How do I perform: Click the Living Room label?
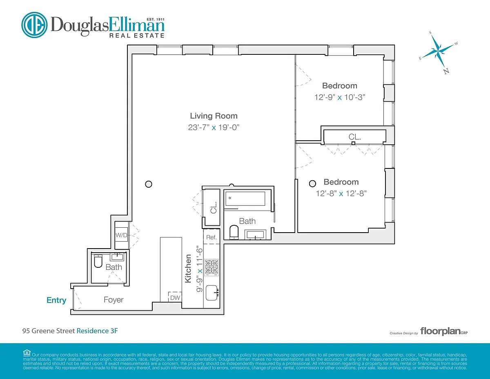pos(214,116)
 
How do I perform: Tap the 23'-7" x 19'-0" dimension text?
pos(214,127)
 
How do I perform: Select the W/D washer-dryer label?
pos(121,235)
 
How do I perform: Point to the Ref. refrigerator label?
pos(211,237)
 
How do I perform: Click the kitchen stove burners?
pos(212,267)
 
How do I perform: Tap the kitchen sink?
pos(212,293)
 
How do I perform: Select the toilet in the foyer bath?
pos(98,261)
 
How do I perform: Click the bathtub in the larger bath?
pos(245,199)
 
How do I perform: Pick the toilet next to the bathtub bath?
pos(234,232)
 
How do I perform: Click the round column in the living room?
pos(149,184)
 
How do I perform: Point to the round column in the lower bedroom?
pos(312,184)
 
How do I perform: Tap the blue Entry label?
pos(56,300)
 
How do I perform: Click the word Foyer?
pos(114,300)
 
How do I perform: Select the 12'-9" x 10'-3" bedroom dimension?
pos(340,97)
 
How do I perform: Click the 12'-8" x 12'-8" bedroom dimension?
pos(341,193)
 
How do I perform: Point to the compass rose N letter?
pos(446,71)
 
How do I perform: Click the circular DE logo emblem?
pos(34,25)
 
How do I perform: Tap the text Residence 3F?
pos(97,331)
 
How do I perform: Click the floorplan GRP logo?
pos(444,332)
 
